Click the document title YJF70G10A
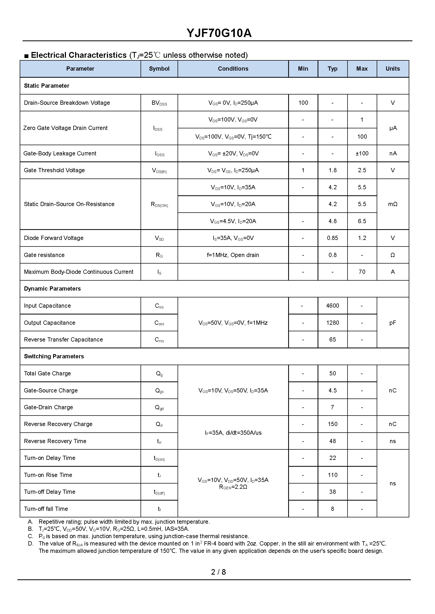(219, 33)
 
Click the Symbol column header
(159, 69)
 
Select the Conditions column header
(233, 69)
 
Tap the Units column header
(392, 69)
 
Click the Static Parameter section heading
(46, 86)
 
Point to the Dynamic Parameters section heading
(52, 289)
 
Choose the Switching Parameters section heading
(54, 356)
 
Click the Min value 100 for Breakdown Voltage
(303, 103)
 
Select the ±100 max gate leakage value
(362, 154)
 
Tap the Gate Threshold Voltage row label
(54, 170)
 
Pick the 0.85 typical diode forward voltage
(332, 238)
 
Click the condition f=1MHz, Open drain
(233, 255)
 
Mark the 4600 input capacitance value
(332, 306)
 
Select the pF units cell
(392, 323)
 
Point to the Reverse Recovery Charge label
(58, 424)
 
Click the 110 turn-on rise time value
(332, 475)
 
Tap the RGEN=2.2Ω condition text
(233, 487)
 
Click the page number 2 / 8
(218, 572)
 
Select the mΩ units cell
(392, 204)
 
